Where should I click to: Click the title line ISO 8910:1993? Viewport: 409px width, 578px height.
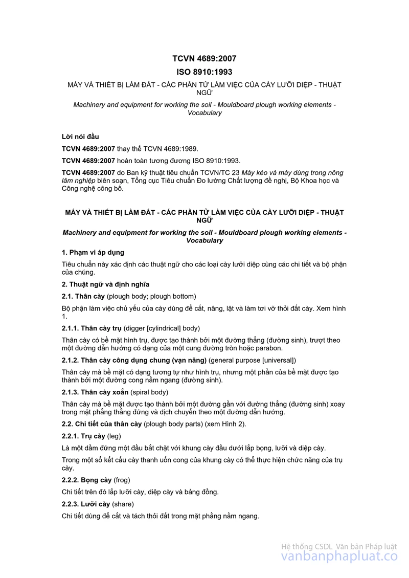point(204,72)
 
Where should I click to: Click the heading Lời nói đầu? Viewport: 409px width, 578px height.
point(80,137)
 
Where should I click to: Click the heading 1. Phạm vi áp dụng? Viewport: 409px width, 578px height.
point(93,252)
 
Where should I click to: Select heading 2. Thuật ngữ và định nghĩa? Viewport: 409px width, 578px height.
point(105,284)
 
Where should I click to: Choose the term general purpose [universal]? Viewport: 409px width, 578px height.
point(252,360)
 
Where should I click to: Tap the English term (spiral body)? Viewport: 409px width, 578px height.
point(149,392)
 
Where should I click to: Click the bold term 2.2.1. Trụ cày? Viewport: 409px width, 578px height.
point(83,436)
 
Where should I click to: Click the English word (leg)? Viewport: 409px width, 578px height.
point(114,436)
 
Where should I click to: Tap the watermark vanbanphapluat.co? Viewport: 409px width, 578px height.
point(339,558)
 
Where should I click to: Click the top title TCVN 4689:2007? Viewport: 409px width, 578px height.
point(204,59)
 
